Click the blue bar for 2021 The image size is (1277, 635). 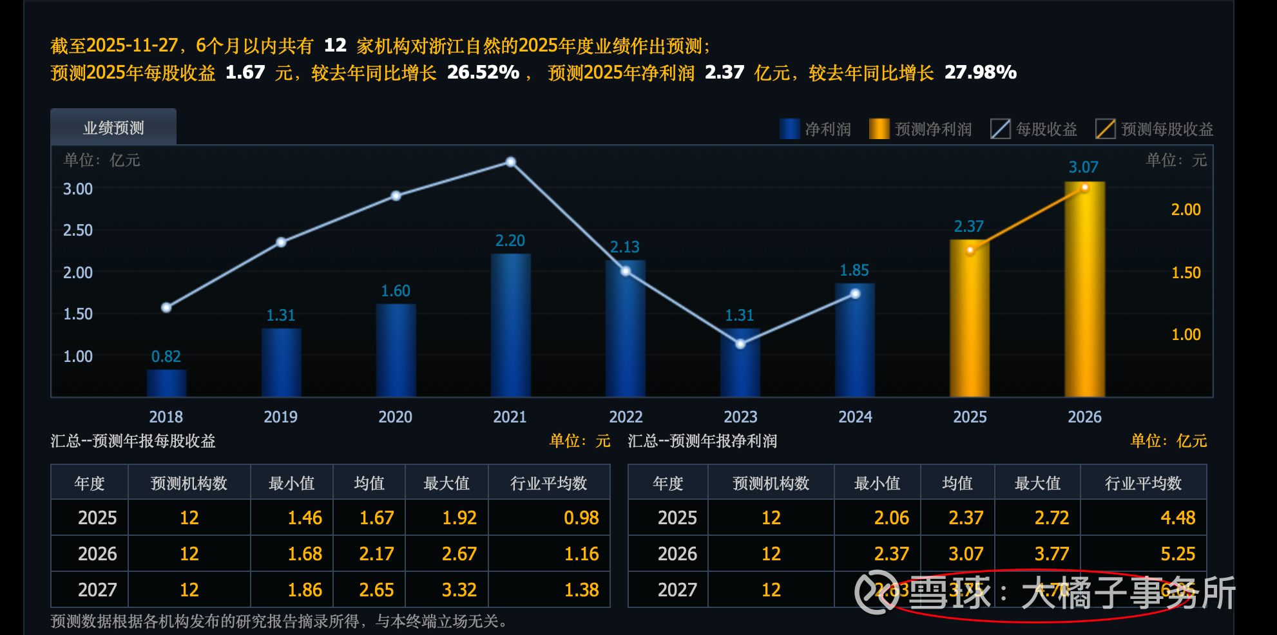pyautogui.click(x=510, y=325)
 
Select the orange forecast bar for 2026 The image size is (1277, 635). pyautogui.click(x=1084, y=290)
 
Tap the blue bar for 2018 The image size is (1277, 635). pyautogui.click(x=166, y=383)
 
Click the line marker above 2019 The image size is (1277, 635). pyautogui.click(x=281, y=242)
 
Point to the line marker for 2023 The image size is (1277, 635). pyautogui.click(x=740, y=344)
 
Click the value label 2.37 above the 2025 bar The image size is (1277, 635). pyautogui.click(x=968, y=226)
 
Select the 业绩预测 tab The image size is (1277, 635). pyautogui.click(x=113, y=128)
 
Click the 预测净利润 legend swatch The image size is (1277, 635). pyautogui.click(x=879, y=129)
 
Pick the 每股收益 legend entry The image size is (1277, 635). pyautogui.click(x=1033, y=129)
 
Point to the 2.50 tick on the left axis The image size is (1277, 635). pyautogui.click(x=78, y=230)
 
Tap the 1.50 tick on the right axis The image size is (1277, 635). pyautogui.click(x=1186, y=272)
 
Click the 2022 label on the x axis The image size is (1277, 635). pyautogui.click(x=626, y=417)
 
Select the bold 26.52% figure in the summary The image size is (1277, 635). pyautogui.click(x=483, y=72)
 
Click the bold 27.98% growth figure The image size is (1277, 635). pyautogui.click(x=980, y=72)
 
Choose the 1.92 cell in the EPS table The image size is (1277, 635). pyautogui.click(x=459, y=518)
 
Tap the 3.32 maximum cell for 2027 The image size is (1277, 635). pyautogui.click(x=459, y=590)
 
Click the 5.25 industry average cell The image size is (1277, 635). pyautogui.click(x=1177, y=554)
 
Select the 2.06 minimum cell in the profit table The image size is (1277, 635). pyautogui.click(x=891, y=518)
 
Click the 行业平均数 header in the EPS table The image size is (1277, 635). pyautogui.click(x=548, y=483)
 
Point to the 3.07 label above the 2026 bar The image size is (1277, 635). pyautogui.click(x=1083, y=167)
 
